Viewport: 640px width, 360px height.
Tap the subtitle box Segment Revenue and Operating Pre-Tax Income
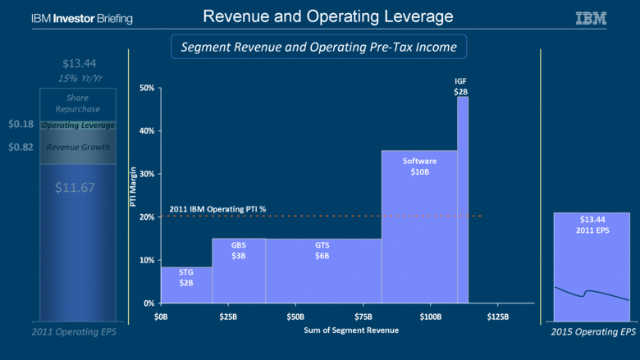click(318, 49)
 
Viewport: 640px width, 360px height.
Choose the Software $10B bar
click(419, 226)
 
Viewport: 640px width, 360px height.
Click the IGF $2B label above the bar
click(461, 86)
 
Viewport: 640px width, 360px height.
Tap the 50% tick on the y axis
click(147, 88)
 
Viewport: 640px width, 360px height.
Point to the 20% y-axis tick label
click(147, 217)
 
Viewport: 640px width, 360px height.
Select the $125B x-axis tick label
click(498, 316)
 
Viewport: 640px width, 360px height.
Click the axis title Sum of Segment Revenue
click(330, 330)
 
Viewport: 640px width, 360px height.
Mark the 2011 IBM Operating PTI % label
click(217, 209)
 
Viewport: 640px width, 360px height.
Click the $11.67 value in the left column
click(75, 188)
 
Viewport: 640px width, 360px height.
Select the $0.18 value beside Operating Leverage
click(21, 125)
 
